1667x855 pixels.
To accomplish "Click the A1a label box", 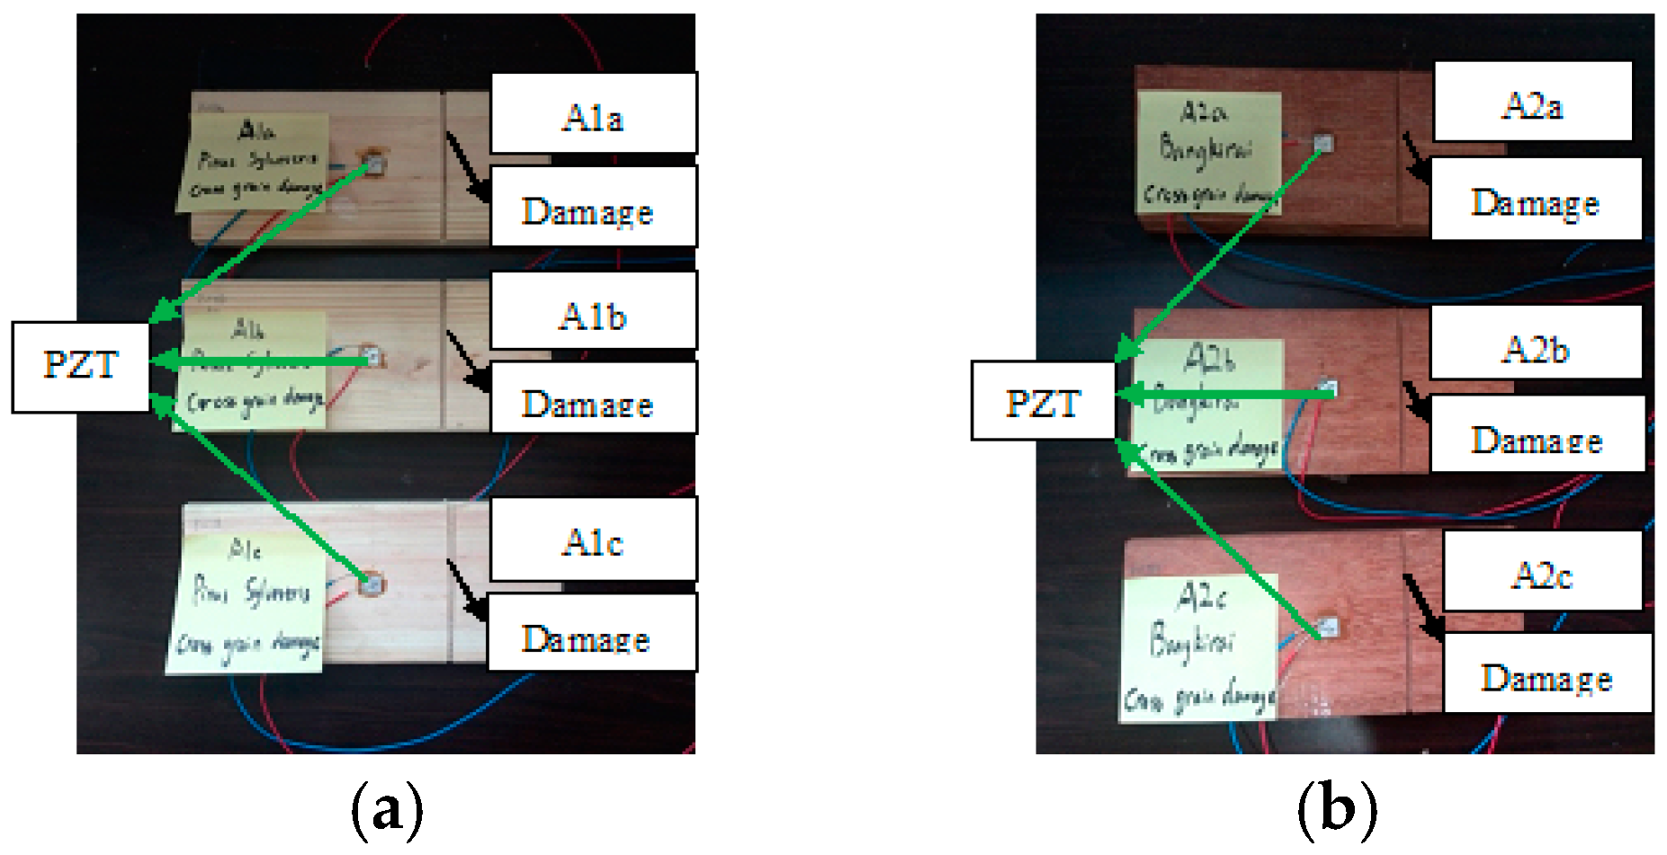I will pos(593,114).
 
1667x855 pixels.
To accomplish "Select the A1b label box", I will pos(593,311).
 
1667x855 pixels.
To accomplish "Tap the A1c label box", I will pos(593,539).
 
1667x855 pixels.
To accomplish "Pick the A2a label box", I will pos(1532,102).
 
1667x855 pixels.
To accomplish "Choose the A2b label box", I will pos(1536,343).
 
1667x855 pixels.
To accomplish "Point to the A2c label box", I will pos(1542,572).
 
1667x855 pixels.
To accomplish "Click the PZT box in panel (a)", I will pos(81,367).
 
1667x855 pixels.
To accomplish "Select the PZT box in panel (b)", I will pos(1043,401).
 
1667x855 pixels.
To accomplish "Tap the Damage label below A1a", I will pos(593,207).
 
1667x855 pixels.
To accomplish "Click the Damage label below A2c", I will pos(1547,673).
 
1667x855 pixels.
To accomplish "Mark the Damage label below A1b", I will pos(593,398).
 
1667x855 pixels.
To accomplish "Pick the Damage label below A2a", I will pos(1536,200).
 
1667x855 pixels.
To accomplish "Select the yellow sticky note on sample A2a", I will pos(1208,153).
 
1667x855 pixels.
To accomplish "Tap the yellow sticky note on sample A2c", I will pos(1199,646).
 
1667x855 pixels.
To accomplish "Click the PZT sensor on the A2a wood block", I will pos(1323,143).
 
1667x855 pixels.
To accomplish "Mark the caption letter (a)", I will pos(387,806).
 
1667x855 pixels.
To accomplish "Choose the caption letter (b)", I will pos(1337,806).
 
